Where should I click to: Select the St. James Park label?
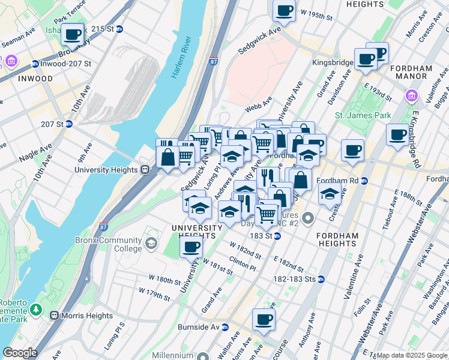[363, 115]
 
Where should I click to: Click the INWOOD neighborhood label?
[35, 79]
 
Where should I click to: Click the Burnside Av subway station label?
[203, 327]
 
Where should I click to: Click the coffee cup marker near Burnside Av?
[263, 320]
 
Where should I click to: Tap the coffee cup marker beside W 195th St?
[284, 10]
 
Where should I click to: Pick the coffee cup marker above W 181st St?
[191, 246]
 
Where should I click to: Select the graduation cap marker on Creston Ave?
[329, 194]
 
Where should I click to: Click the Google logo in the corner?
[20, 353]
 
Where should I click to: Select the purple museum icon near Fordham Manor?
[411, 95]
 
